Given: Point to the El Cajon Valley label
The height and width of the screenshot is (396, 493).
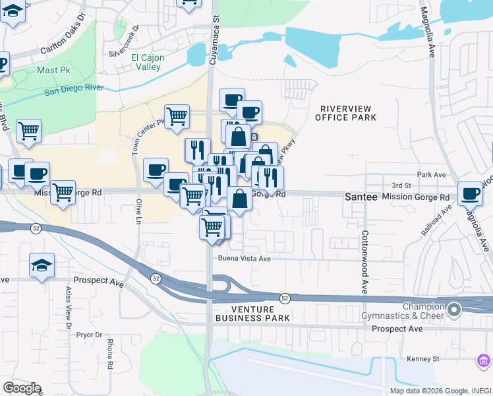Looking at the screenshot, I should coord(148,62).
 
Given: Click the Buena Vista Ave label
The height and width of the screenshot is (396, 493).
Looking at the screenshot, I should coord(245,259).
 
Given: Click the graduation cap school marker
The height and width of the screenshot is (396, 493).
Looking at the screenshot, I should coord(42,265).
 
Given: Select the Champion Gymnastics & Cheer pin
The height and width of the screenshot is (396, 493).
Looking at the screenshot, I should coord(453,309).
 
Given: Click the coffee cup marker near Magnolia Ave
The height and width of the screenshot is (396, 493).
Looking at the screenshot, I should coord(470,193).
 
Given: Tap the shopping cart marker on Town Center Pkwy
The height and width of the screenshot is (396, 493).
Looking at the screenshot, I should coord(177,116).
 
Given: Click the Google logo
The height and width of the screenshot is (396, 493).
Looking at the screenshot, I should coord(22,388).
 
